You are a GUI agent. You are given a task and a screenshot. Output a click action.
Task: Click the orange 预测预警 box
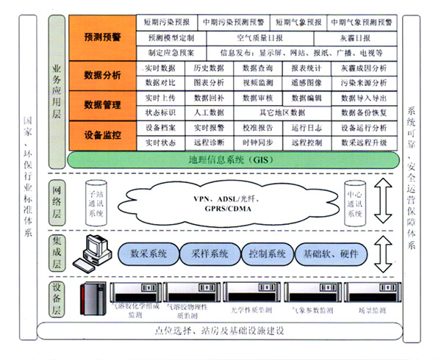click(x=104, y=35)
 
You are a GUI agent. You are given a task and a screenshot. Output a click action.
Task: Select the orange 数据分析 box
click(x=104, y=74)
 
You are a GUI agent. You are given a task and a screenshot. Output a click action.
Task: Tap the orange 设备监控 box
click(x=104, y=134)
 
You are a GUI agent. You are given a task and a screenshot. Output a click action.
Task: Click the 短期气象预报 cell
click(x=298, y=22)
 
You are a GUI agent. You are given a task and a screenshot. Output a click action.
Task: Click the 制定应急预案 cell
click(x=171, y=53)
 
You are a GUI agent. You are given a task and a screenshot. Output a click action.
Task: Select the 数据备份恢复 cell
click(x=362, y=112)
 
